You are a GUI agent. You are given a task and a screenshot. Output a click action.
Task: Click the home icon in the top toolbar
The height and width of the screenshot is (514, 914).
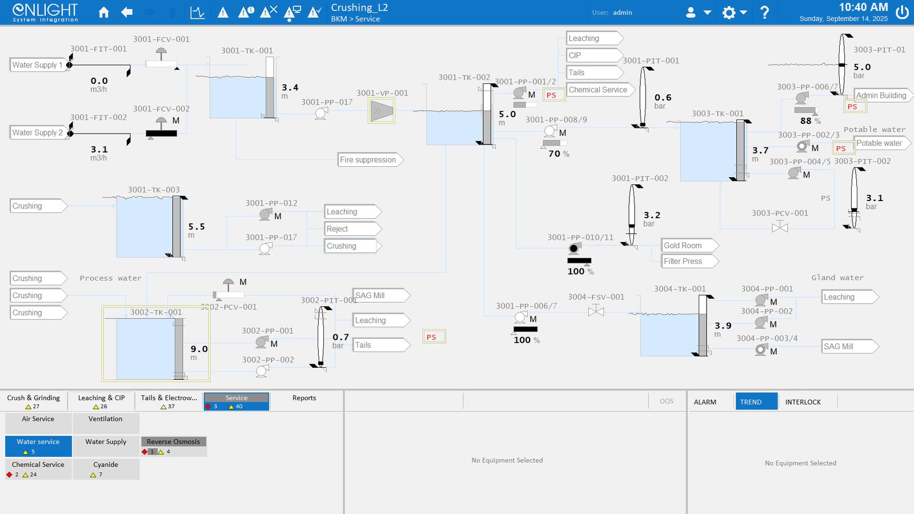pos(103,12)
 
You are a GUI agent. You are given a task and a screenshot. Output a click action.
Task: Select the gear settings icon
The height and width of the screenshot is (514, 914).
pos(729,13)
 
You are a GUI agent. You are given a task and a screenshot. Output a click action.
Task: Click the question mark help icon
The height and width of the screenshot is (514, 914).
pos(765,13)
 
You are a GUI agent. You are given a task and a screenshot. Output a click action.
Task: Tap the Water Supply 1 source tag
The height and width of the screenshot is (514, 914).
pos(38,65)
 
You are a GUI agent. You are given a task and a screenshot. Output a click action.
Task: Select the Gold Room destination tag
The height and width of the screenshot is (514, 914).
pos(689,246)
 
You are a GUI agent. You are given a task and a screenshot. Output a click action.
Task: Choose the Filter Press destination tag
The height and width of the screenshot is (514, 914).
pos(689,262)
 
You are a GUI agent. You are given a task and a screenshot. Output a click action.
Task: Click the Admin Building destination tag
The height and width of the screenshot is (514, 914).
pos(883,95)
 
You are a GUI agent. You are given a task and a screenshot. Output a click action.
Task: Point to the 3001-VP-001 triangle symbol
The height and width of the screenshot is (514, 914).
pos(382,111)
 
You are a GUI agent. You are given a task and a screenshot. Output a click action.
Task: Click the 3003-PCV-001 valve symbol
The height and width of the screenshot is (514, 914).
pos(780,227)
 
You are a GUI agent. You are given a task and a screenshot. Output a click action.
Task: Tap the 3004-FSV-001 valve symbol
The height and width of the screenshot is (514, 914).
pos(596,311)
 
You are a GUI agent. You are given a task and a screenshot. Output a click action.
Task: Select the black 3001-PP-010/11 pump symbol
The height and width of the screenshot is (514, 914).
pos(574,248)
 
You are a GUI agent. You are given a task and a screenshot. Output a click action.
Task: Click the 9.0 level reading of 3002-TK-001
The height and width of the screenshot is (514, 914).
pos(199,349)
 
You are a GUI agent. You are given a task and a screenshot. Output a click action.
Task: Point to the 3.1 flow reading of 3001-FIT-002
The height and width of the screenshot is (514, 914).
pos(99,149)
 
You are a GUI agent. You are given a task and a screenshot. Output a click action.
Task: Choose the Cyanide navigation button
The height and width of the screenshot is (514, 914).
pos(106,469)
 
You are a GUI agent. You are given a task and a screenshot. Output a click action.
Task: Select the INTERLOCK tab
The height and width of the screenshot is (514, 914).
pos(803,402)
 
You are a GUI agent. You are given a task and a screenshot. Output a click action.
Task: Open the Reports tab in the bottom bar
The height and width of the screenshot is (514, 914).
pos(304,398)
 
